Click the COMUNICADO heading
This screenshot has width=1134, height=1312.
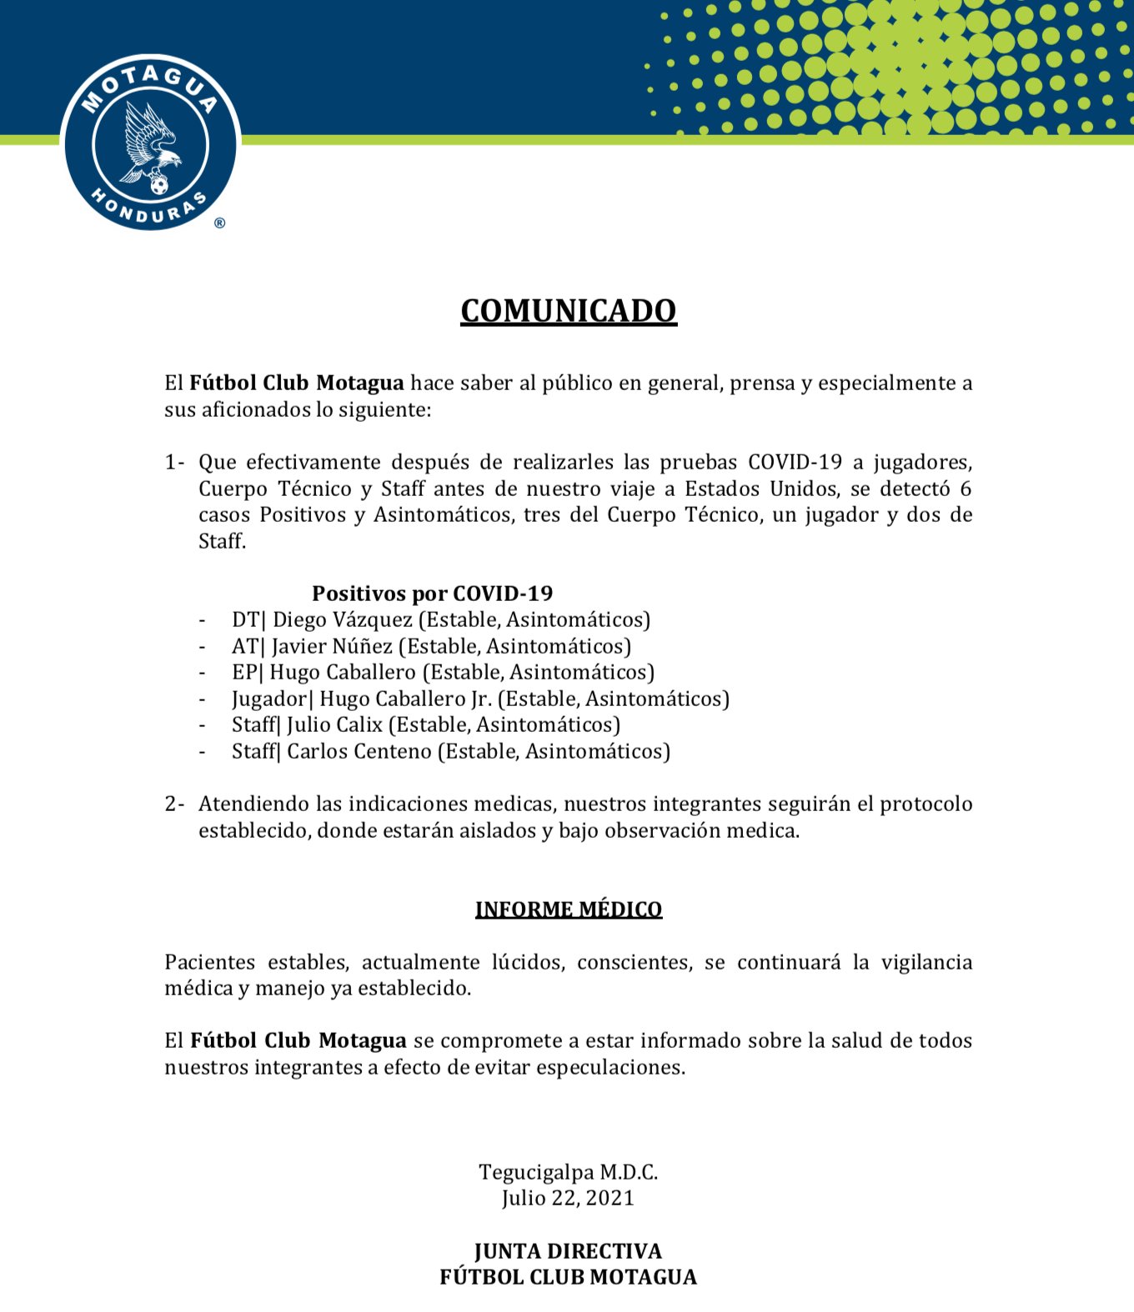[x=568, y=311]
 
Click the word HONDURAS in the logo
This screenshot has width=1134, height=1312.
[x=149, y=209]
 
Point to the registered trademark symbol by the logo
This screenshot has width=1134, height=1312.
[x=219, y=223]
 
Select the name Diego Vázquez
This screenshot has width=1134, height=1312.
[x=342, y=620]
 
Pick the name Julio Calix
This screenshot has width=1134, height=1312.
[x=334, y=725]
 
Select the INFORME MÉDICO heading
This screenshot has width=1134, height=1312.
[x=568, y=909]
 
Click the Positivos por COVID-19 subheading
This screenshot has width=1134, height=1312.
[x=432, y=593]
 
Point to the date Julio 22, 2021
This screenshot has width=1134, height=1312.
[x=568, y=1199]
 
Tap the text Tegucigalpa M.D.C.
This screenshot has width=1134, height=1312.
[x=568, y=1173]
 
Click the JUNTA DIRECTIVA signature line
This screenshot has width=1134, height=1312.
[x=568, y=1251]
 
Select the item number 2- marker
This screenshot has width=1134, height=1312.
[x=174, y=804]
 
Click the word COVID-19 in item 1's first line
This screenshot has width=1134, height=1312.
[x=795, y=463]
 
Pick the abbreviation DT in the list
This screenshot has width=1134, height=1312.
[x=245, y=620]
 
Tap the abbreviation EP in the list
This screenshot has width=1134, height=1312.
[x=244, y=673]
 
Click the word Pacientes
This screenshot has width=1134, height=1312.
[x=209, y=963]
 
